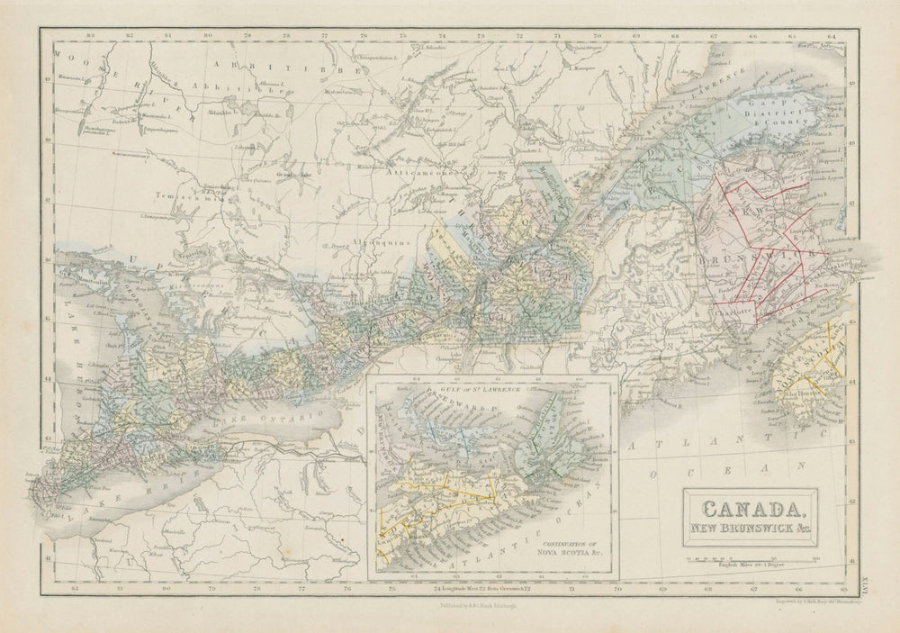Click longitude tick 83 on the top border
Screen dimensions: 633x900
90,36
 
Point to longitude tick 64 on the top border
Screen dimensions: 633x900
832,36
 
